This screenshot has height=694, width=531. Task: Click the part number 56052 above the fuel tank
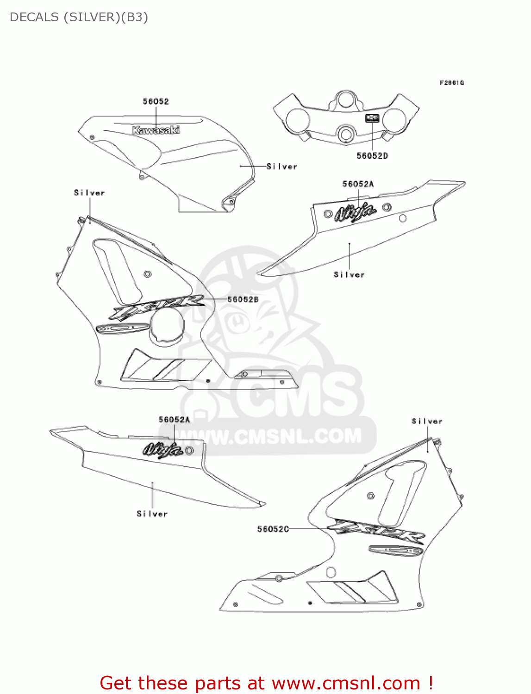(x=156, y=101)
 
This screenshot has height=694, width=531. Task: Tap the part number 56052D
(x=372, y=156)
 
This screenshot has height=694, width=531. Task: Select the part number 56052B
(x=243, y=300)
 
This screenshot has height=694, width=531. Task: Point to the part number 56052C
(x=273, y=529)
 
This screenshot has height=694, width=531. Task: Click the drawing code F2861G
(x=451, y=83)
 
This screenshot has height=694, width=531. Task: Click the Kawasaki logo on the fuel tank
(x=156, y=130)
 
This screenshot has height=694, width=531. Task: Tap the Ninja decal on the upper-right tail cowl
(x=355, y=212)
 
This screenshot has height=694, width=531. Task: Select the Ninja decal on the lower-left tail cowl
(x=162, y=449)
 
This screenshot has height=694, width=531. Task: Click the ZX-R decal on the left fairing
(x=156, y=306)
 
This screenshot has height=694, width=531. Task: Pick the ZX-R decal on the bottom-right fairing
(x=376, y=532)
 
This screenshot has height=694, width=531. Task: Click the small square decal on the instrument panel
(x=372, y=118)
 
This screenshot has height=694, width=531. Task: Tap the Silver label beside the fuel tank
(x=281, y=167)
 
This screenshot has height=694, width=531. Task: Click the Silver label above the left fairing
(x=89, y=193)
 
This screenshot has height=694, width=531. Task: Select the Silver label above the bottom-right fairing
(x=427, y=421)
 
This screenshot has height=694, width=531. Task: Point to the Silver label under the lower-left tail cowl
(x=152, y=514)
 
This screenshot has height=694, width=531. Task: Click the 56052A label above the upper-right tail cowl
(x=358, y=184)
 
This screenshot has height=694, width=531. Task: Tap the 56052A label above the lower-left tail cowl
(x=174, y=420)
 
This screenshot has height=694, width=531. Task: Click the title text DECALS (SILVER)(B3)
(x=79, y=17)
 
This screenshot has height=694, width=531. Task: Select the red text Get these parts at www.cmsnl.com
(x=266, y=683)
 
